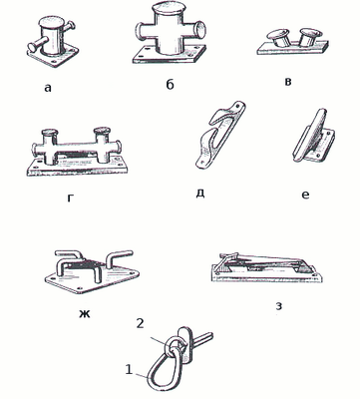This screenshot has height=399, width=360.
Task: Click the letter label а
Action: pyautogui.click(x=48, y=88)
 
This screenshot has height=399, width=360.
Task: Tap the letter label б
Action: pyautogui.click(x=170, y=85)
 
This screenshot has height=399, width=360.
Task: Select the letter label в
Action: pyautogui.click(x=288, y=82)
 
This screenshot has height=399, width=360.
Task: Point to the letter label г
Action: pyautogui.click(x=70, y=198)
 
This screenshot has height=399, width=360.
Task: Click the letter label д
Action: pyautogui.click(x=199, y=193)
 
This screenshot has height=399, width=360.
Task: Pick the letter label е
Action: pyautogui.click(x=305, y=195)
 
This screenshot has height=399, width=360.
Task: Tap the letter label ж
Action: pyautogui.click(x=85, y=313)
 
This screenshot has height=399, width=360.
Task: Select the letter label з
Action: pyautogui.click(x=279, y=306)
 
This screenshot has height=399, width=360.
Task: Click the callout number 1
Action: pyautogui.click(x=129, y=369)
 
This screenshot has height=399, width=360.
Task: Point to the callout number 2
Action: pyautogui.click(x=141, y=323)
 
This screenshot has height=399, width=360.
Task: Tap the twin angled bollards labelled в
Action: pyautogui.click(x=293, y=42)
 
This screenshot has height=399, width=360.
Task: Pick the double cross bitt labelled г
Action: pyautogui.click(x=77, y=152)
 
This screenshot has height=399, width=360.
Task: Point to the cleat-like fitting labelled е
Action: pyautogui.click(x=313, y=137)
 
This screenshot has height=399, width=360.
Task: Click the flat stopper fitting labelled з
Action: pyautogui.click(x=267, y=267)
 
